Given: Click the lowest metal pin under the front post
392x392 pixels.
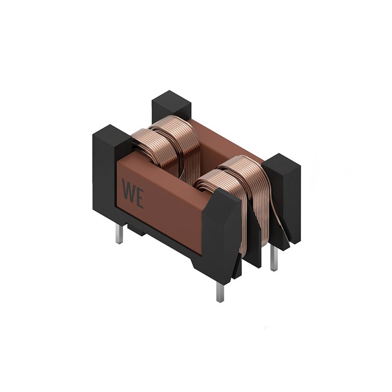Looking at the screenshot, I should pyautogui.click(x=220, y=292).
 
